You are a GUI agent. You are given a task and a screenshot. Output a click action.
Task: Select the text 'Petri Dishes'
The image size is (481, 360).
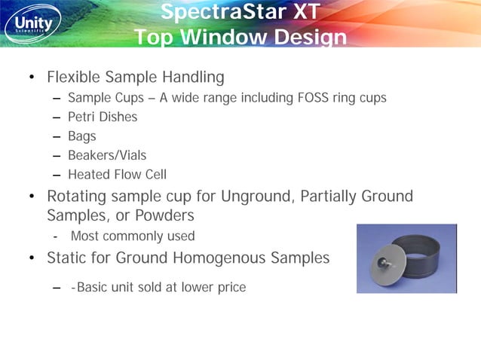103,117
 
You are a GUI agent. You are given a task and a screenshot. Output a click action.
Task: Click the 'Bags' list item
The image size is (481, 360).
82,136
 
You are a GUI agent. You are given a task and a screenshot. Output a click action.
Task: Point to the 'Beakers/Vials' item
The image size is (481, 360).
107,156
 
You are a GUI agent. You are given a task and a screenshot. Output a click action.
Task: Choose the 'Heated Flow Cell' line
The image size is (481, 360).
117,175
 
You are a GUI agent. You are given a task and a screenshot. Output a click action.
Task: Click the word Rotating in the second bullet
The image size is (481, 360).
78,197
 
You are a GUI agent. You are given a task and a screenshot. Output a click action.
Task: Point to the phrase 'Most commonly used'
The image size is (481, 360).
133,236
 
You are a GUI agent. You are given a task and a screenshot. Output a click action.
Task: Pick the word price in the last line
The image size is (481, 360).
230,287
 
